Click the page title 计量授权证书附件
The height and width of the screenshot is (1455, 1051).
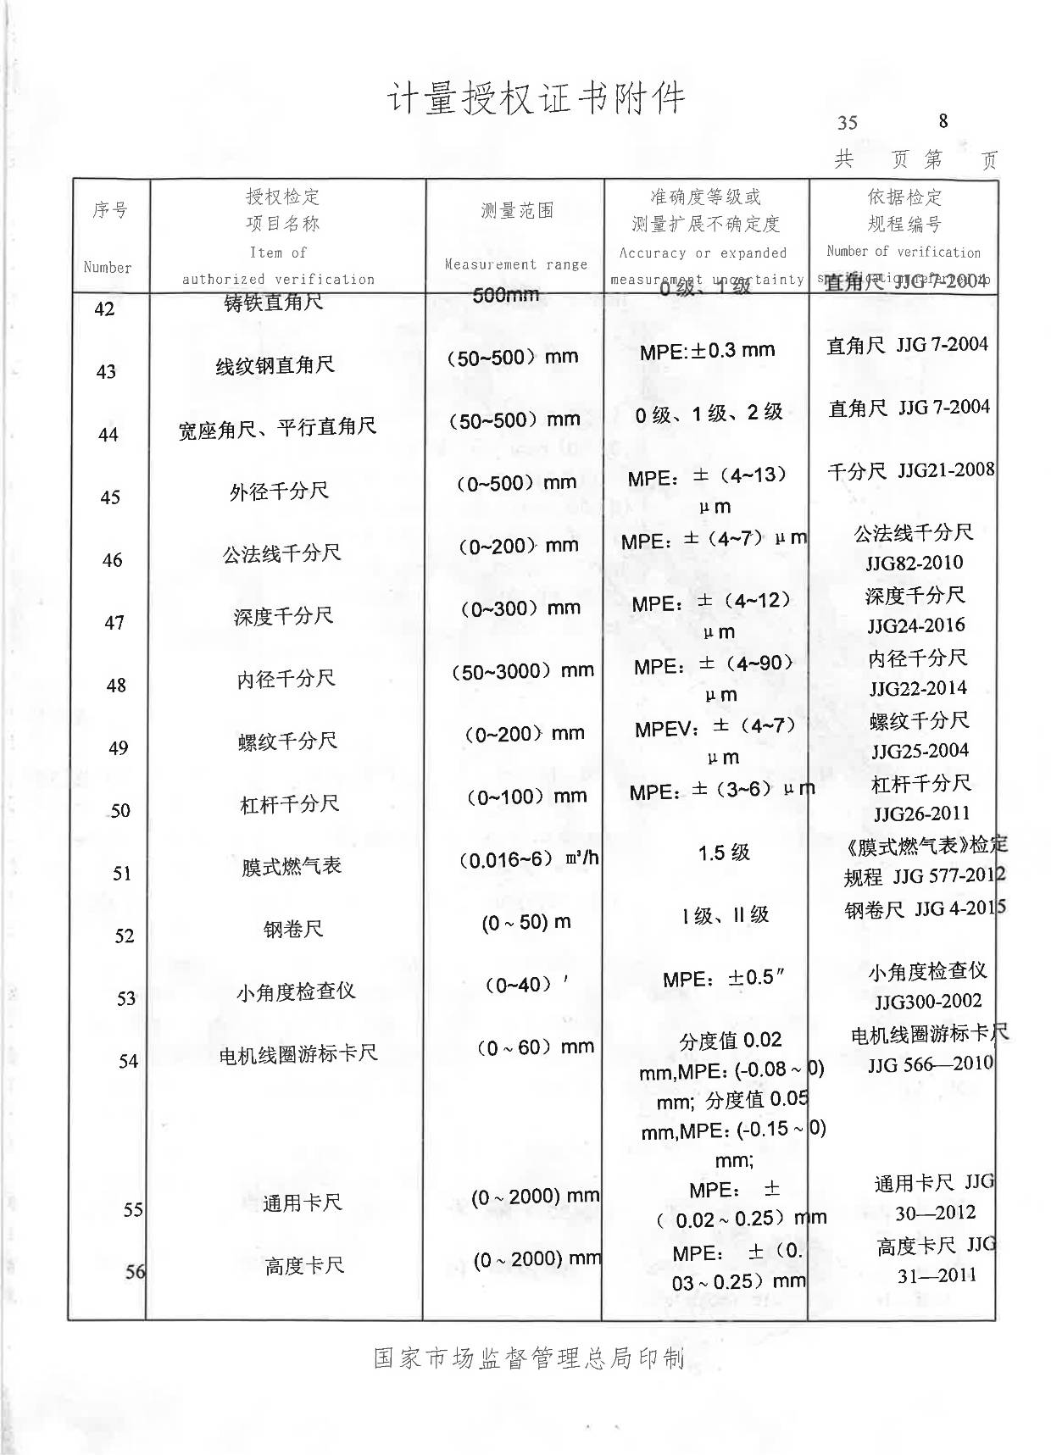point(536,99)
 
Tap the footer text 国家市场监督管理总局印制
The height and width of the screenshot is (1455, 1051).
point(529,1358)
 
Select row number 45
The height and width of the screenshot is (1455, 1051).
point(110,497)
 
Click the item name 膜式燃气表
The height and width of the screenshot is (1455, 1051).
point(292,866)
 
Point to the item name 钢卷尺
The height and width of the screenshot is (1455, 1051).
point(293,929)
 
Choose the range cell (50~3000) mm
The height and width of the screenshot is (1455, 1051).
point(522,671)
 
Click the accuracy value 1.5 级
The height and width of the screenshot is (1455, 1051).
point(724,852)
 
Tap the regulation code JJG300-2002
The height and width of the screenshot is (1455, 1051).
point(928,1001)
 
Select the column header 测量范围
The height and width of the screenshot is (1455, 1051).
point(517,211)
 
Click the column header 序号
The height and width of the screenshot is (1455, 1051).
point(110,209)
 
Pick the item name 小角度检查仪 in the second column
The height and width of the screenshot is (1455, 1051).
point(296,991)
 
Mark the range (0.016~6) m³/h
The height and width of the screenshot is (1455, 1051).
point(529,859)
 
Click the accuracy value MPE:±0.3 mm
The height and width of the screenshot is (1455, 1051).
point(707,350)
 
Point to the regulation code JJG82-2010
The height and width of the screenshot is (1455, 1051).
point(915,563)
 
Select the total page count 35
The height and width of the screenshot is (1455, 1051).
point(847,123)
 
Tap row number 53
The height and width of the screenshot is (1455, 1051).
point(126,999)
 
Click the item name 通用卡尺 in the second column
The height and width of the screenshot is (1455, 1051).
point(302,1202)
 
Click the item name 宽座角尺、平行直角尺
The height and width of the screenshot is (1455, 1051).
point(277,428)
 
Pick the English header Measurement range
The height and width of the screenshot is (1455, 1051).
point(516,264)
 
